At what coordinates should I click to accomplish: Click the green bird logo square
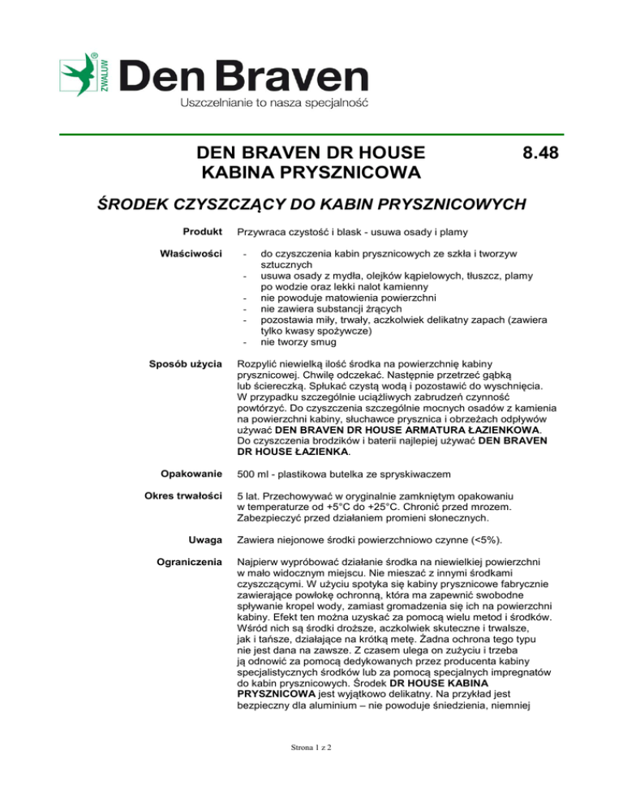[x=79, y=75]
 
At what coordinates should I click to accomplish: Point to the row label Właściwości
[x=193, y=255]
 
